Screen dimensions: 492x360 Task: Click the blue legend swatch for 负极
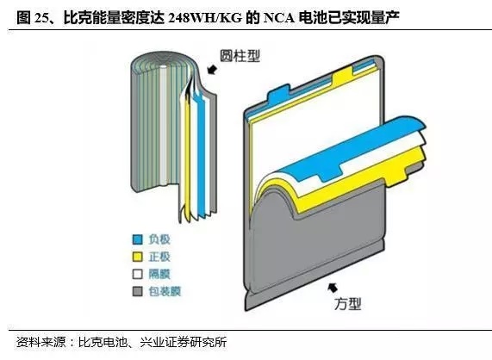(x=138, y=239)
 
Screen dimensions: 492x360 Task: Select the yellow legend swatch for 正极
(x=138, y=257)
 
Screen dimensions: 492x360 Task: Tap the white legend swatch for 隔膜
(x=138, y=274)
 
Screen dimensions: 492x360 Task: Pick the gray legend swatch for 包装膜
(x=138, y=291)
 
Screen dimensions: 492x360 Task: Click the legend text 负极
(x=159, y=239)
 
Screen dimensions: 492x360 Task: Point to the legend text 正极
(x=159, y=257)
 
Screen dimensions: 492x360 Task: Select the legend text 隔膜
(x=159, y=274)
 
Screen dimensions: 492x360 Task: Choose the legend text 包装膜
(x=165, y=291)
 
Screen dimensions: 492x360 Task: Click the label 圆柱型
(x=240, y=56)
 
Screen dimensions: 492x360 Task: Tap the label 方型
(x=347, y=303)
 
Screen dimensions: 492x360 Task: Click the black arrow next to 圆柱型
(x=212, y=69)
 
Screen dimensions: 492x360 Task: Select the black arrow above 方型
(x=333, y=288)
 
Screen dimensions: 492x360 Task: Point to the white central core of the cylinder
(x=163, y=126)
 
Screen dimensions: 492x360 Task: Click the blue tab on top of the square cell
(x=278, y=91)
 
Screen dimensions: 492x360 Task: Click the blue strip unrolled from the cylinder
(x=200, y=151)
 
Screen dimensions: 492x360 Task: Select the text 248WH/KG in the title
(x=205, y=18)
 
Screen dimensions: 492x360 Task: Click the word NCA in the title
(x=279, y=18)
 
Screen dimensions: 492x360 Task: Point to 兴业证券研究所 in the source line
(x=184, y=342)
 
